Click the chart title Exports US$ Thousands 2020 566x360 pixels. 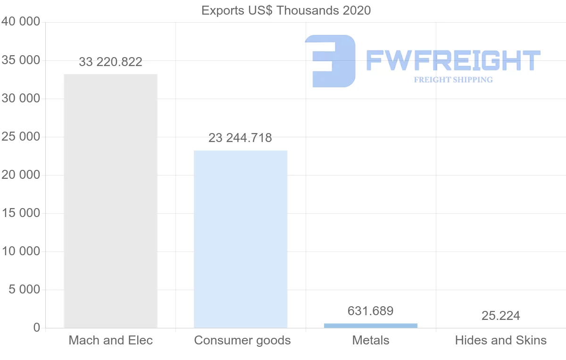point(286,10)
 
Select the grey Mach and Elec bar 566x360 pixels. point(110,201)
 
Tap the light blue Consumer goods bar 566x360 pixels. point(241,239)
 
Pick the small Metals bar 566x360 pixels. point(371,325)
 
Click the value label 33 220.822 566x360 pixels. point(110,62)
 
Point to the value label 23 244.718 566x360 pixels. point(241,138)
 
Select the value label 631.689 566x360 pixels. point(371,311)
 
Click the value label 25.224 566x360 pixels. point(500,316)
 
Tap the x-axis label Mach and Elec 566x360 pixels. point(111,340)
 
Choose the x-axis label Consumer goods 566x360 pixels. point(242,340)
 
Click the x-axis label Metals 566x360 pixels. point(371,340)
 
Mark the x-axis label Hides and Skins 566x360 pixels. point(500,340)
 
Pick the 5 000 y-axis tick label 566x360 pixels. point(24,290)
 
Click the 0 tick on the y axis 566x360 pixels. point(36,328)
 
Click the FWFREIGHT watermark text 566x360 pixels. point(453,60)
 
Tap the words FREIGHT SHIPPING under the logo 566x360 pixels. point(453,80)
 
